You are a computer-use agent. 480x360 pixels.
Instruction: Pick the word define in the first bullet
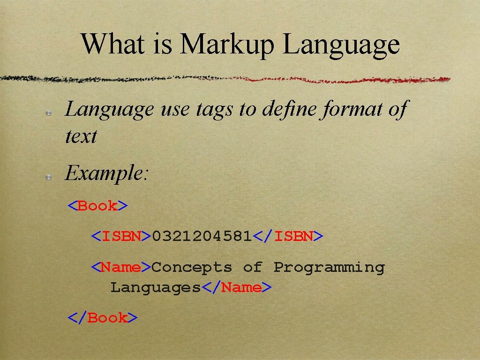[x=288, y=110]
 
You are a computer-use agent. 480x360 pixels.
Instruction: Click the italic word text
[x=81, y=137]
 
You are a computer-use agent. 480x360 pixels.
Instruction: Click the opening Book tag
[x=97, y=206]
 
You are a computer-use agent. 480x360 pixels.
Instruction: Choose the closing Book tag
[x=102, y=318]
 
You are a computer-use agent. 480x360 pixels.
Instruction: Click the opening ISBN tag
[x=121, y=236]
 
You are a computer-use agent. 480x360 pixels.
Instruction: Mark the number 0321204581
[x=202, y=236]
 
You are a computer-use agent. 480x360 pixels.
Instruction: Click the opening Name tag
[x=121, y=267]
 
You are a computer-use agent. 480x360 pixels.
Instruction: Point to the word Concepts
[x=192, y=267]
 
